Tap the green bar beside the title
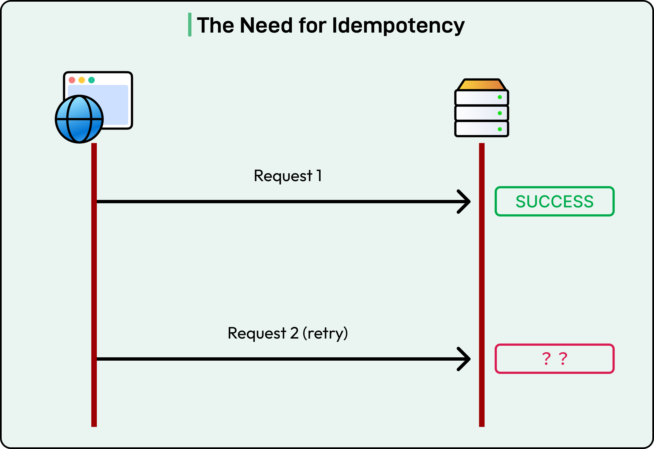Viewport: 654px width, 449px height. tap(190, 25)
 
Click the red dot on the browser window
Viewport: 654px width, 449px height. tap(72, 80)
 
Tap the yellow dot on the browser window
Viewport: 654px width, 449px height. tap(82, 80)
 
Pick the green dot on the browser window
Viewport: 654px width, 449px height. tap(92, 80)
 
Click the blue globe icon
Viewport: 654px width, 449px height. tap(79, 119)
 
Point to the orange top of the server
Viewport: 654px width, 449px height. tap(482, 85)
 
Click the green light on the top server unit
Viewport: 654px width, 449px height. tap(500, 97)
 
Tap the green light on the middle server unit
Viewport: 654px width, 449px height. tap(500, 113)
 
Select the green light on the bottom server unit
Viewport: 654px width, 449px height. tap(500, 129)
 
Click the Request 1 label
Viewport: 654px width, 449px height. tap(287, 176)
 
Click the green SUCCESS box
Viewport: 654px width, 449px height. tap(554, 201)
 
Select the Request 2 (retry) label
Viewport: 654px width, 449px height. tap(287, 333)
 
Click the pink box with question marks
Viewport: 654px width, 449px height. tap(554, 359)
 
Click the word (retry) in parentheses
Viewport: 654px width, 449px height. tap(325, 334)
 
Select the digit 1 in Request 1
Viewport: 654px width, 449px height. tap(319, 176)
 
